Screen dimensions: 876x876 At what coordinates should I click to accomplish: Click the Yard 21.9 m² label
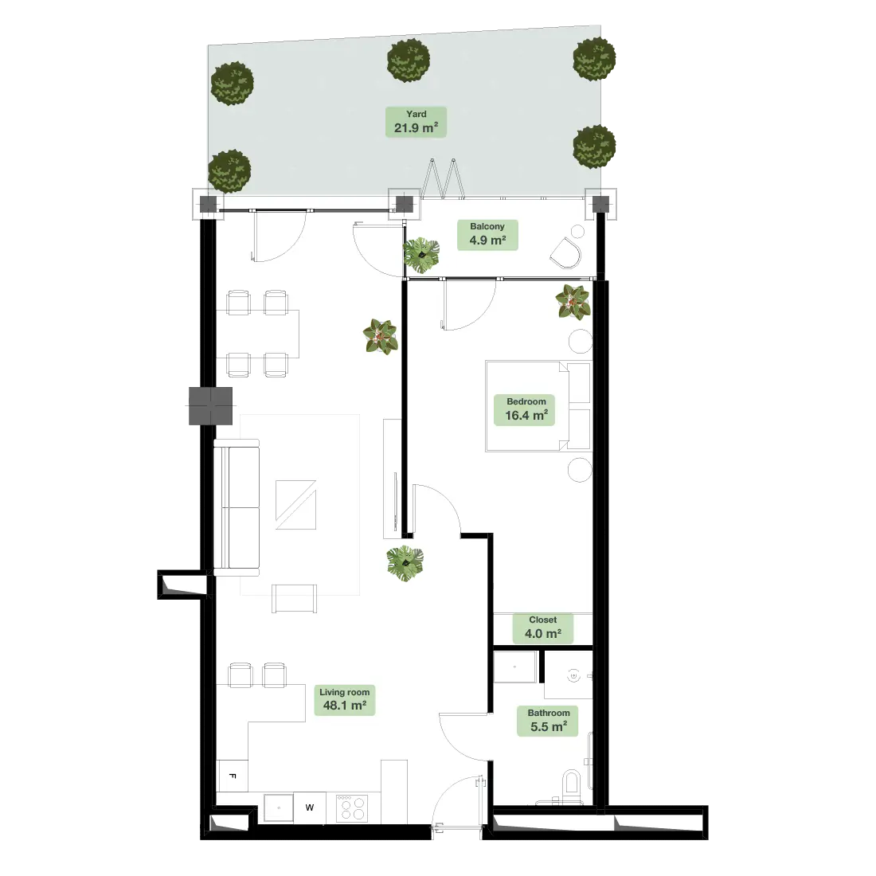pos(416,122)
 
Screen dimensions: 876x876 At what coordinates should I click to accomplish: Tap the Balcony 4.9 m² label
pos(487,235)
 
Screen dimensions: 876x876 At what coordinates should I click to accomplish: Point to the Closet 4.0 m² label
pos(542,628)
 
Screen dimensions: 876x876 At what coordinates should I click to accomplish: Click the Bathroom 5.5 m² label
pos(548,722)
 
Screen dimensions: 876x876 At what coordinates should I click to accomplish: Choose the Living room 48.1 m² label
pos(344,700)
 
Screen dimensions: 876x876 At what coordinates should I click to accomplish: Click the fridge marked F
pos(233,776)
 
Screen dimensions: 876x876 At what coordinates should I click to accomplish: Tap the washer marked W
pos(310,808)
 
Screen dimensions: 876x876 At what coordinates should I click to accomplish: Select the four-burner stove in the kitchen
pos(352,808)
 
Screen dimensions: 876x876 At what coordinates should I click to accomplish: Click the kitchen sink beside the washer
pos(278,808)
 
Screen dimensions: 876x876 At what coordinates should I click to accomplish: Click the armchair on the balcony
pos(566,253)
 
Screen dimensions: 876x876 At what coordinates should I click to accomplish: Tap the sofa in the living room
pos(237,507)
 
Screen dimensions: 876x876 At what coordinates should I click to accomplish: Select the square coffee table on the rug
pos(295,504)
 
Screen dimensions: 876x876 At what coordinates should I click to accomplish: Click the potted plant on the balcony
pos(421,255)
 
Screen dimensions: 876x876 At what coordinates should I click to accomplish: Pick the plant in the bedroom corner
pos(573,302)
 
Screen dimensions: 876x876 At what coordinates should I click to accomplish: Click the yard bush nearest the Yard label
pos(409,61)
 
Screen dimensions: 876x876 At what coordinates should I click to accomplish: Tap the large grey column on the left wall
pos(210,405)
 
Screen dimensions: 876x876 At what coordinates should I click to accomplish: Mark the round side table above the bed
pos(581,341)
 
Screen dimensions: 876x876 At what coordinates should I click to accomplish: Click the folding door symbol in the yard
pos(443,178)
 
